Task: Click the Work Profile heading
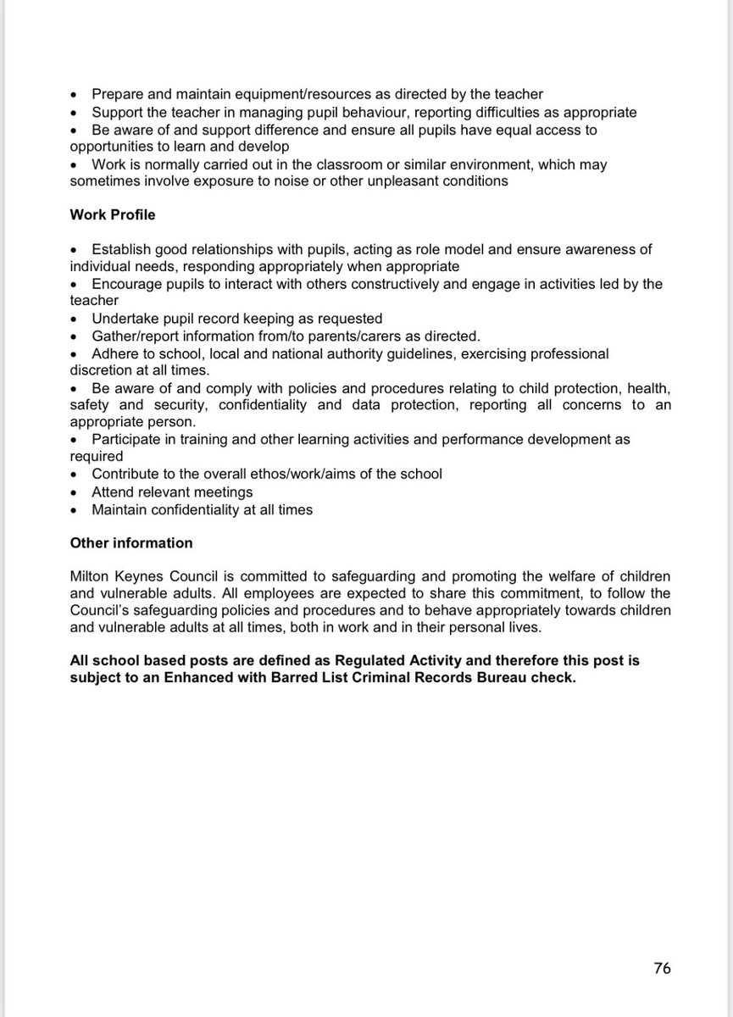(112, 215)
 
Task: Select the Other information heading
(130, 542)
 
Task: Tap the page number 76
(662, 967)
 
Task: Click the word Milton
(89, 575)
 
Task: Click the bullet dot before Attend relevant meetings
(75, 492)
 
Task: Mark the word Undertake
(124, 319)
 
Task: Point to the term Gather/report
(134, 336)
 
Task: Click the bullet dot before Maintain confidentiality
(75, 510)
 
